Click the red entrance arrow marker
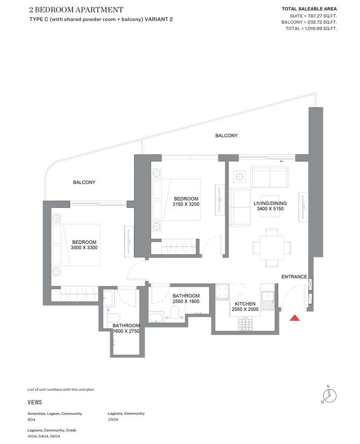point(294,318)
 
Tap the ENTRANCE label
point(294,277)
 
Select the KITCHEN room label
point(245,304)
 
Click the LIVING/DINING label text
point(270,203)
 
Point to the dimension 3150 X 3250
point(186,204)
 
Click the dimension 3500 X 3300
point(84,248)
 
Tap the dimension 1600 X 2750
point(126,331)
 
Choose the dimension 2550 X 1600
point(186,301)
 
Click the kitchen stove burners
point(245,324)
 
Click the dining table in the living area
point(272,248)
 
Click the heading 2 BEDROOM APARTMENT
point(76,10)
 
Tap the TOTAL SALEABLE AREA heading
point(309,9)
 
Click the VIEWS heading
point(35,402)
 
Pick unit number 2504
point(113,419)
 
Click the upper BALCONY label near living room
point(226,136)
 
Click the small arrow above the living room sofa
point(282,161)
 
